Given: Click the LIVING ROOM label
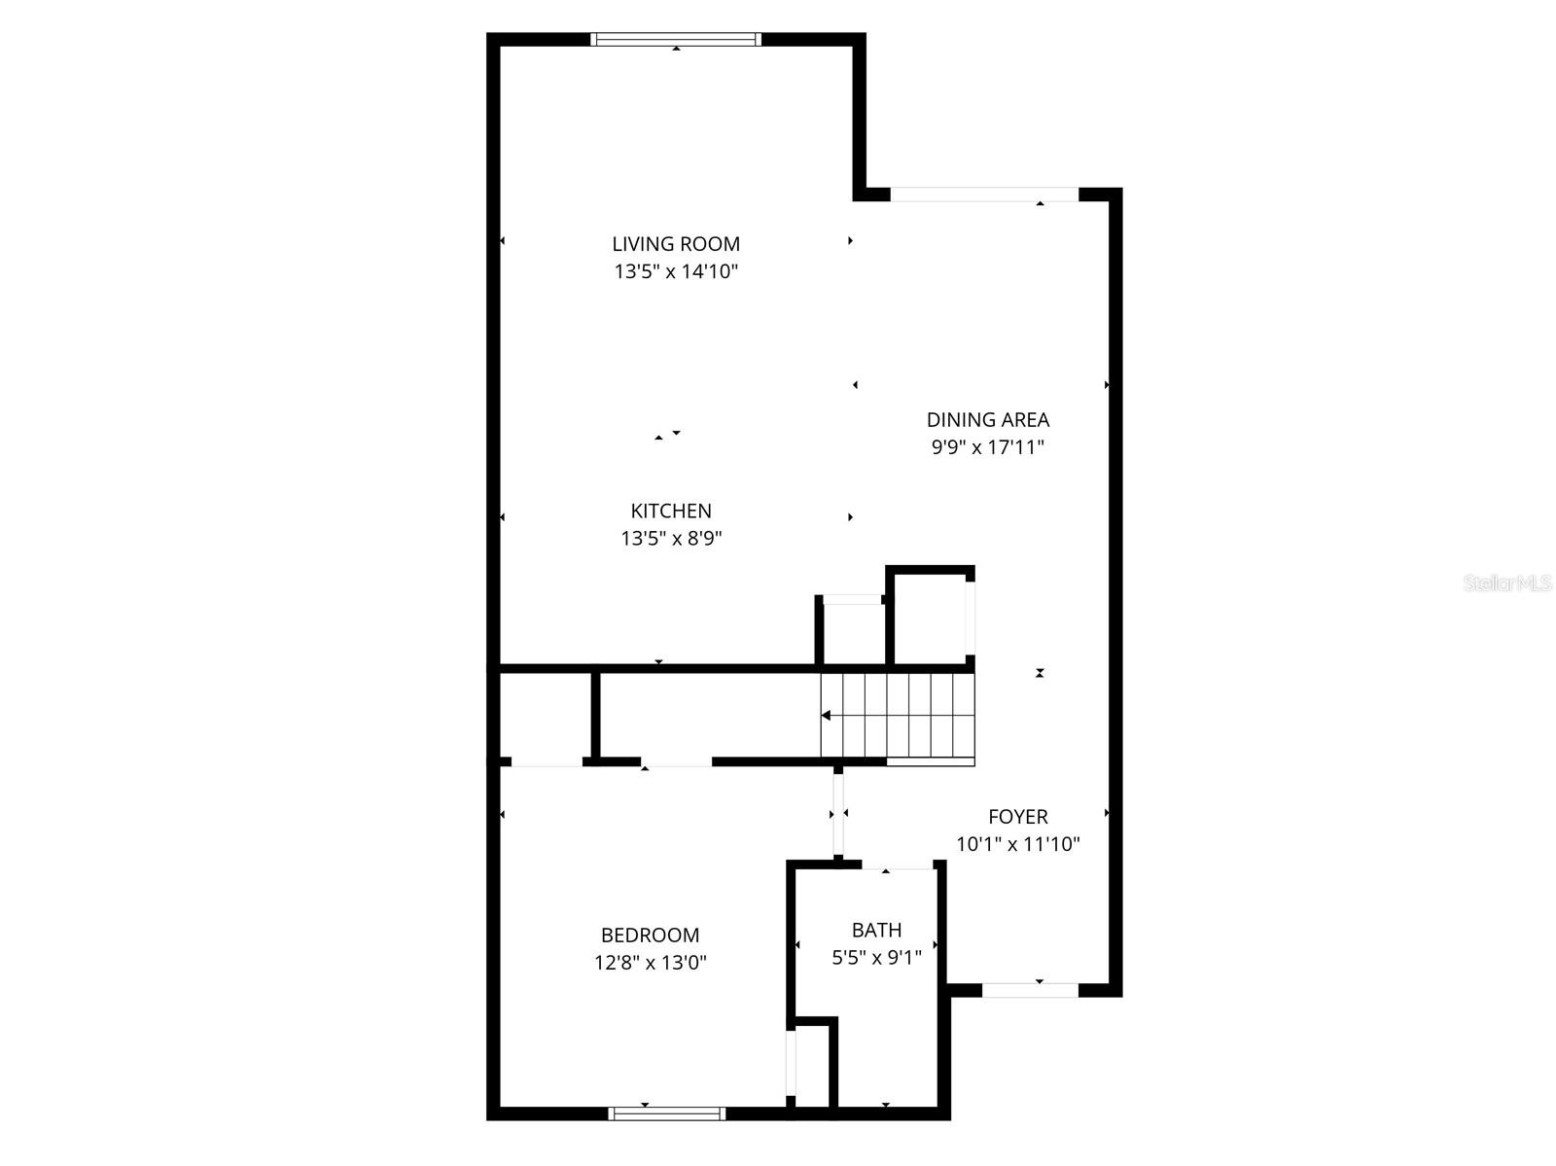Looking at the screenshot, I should tap(676, 244).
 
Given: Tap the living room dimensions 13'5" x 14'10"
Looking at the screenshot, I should tap(676, 271).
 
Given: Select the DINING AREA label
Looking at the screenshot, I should tap(987, 420).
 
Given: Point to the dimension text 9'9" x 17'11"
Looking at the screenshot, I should tap(987, 447).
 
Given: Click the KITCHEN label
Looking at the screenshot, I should tap(671, 511).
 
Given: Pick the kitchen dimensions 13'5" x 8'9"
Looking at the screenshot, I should tap(671, 538).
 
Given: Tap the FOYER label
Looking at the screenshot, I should tap(1018, 817).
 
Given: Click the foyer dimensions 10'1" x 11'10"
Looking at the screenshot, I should tap(1018, 844).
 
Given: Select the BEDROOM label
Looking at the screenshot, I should tap(650, 936).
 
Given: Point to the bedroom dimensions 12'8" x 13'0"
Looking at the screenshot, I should tap(650, 963).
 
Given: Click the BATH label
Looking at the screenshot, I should tap(876, 930).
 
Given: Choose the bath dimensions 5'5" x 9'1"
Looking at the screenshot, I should tap(876, 957).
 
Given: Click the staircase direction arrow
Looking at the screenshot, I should tap(826, 716).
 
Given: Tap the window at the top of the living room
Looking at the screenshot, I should tap(676, 40).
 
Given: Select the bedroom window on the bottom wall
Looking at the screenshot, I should tap(667, 1113).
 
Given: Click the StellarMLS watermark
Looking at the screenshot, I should tap(1506, 583).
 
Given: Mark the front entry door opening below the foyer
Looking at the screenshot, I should tap(1030, 990).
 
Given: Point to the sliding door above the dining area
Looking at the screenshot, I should tap(984, 194).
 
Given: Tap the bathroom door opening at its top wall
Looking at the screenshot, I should tap(898, 866).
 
